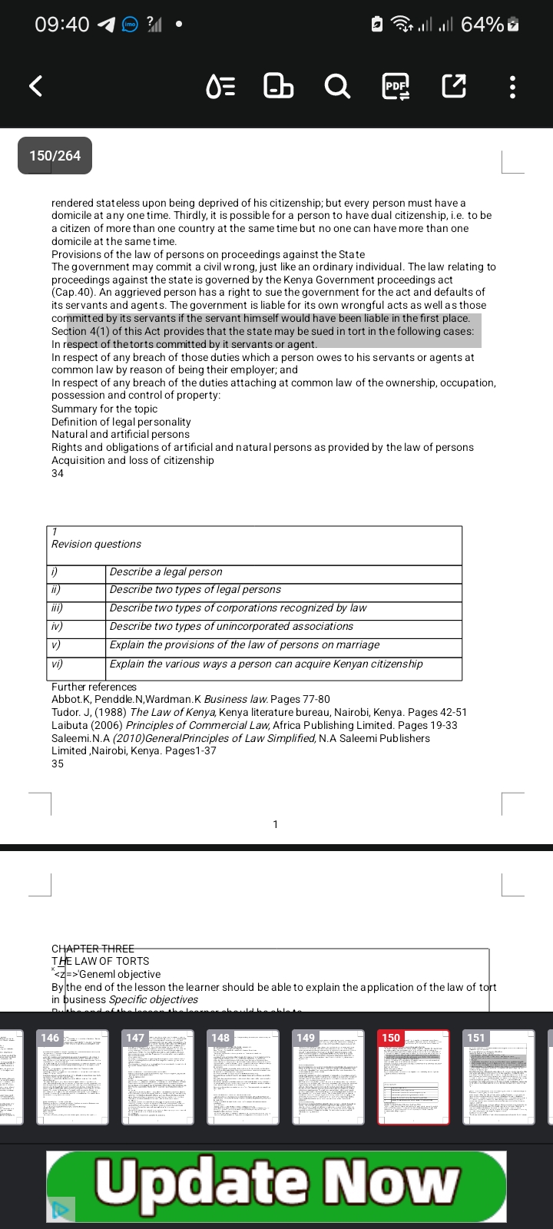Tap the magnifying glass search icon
[337, 85]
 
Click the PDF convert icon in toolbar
[396, 86]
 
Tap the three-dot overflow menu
[513, 86]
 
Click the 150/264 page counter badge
[55, 155]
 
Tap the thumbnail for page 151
[498, 1077]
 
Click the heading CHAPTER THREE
[93, 949]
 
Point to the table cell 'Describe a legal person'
[166, 571]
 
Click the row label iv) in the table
[57, 626]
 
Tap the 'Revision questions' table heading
[96, 544]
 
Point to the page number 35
[58, 764]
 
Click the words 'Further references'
[94, 687]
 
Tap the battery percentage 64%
[482, 25]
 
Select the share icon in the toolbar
[454, 86]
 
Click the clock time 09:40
[62, 25]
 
